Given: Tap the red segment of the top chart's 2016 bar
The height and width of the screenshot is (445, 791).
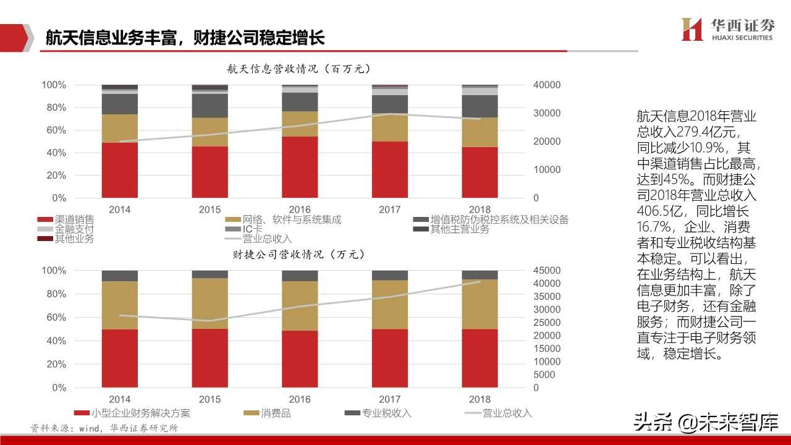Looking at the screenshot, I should [x=300, y=167].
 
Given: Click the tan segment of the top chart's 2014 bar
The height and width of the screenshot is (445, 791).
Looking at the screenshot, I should [x=120, y=128].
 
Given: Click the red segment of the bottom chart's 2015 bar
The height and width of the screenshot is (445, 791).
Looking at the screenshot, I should [x=209, y=358].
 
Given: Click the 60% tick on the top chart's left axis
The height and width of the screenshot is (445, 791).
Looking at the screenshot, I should [x=54, y=130].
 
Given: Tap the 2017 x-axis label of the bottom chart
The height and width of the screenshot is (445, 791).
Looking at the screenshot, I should [x=389, y=400].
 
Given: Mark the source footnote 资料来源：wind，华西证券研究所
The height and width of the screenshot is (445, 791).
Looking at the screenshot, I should [x=104, y=428].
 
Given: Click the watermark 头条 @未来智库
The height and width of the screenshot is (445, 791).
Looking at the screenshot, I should [x=704, y=423].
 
